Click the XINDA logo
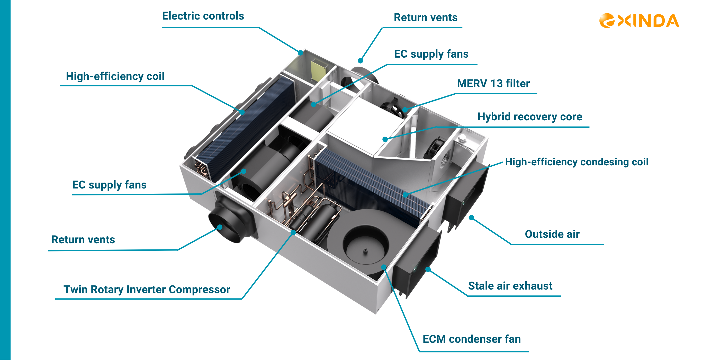(x=639, y=21)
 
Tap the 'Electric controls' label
(x=203, y=16)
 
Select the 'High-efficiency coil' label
(x=115, y=76)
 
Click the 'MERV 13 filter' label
(x=493, y=83)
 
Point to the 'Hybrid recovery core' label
(x=530, y=116)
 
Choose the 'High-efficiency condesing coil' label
(x=577, y=162)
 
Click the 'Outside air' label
(x=552, y=234)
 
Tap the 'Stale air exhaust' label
(x=510, y=286)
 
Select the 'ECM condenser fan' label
(x=472, y=339)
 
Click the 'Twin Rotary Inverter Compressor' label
(x=147, y=290)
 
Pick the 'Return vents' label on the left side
(x=83, y=240)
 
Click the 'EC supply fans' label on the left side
(x=109, y=185)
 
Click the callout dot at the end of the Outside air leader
(x=471, y=218)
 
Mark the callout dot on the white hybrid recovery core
(x=385, y=139)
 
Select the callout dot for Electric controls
(x=300, y=52)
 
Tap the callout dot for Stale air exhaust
(x=428, y=269)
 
